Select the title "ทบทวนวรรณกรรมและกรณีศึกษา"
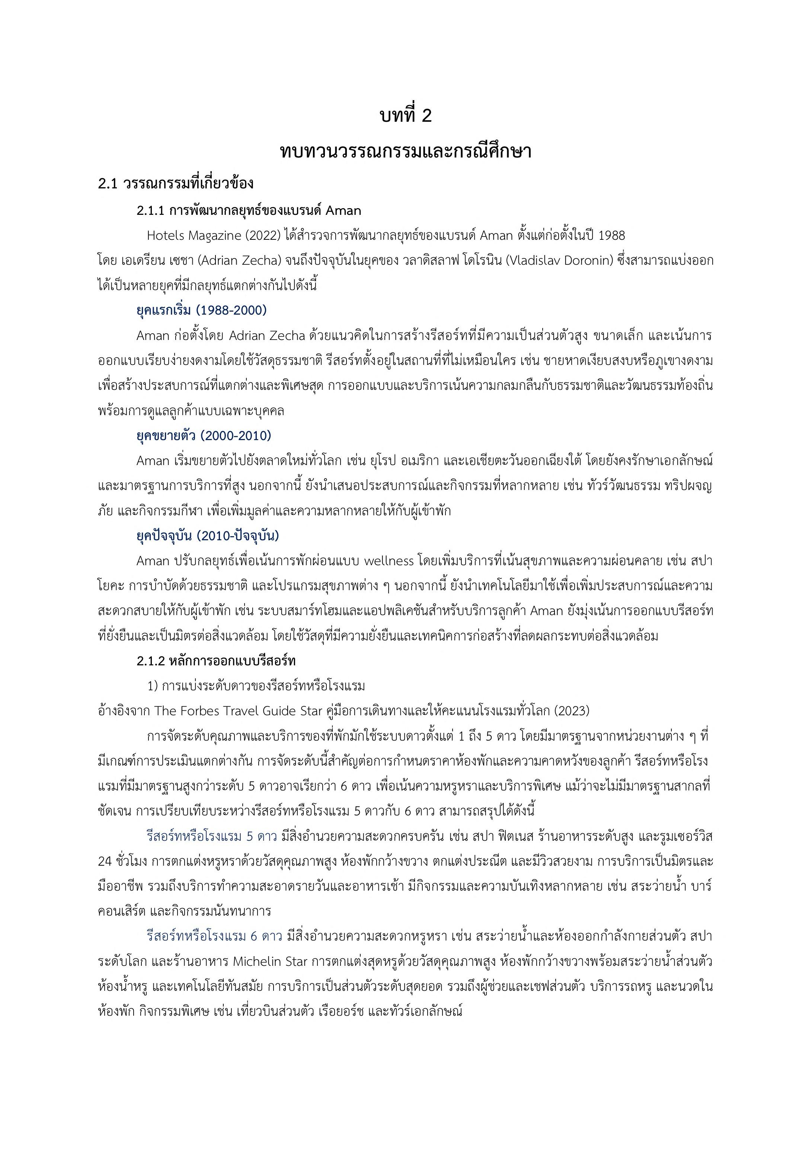click(406, 152)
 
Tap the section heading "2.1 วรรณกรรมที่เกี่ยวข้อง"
click(176, 184)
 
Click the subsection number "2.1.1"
click(150, 211)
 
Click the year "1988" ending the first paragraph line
click(611, 236)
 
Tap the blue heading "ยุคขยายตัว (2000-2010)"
click(204, 436)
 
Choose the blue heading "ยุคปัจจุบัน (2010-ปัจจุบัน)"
click(208, 536)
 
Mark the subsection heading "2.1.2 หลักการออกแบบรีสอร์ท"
click(216, 661)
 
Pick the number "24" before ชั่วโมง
click(105, 861)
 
